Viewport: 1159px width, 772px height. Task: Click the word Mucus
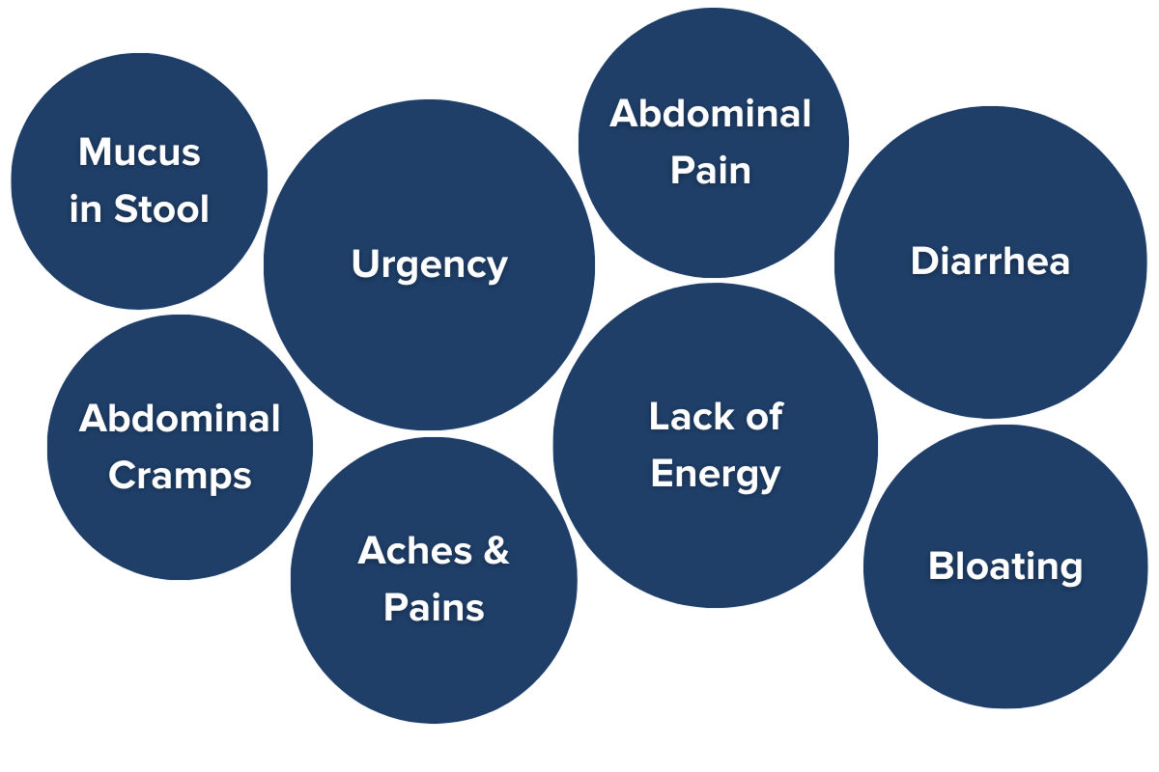coord(140,152)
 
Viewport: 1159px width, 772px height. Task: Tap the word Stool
coord(162,209)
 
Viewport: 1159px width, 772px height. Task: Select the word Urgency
coord(429,265)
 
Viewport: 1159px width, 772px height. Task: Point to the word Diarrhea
coord(990,262)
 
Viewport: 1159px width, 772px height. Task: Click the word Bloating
coord(1004,566)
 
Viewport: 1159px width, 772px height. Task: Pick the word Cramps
coord(180,476)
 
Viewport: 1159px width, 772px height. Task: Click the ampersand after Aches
coord(495,551)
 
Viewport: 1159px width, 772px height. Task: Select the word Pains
coord(434,608)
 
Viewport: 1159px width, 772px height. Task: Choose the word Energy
coord(715,475)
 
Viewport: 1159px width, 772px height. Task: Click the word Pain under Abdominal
coord(711,171)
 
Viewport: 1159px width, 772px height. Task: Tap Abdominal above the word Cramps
coord(180,419)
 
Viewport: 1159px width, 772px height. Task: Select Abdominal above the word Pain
coord(711,114)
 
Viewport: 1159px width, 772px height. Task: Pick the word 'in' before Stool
coord(86,209)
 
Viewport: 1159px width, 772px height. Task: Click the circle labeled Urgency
coord(429,347)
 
